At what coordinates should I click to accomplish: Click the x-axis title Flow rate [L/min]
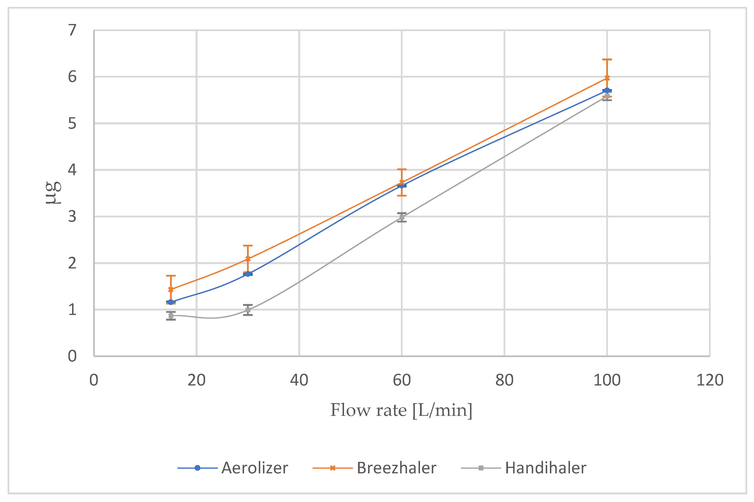[x=401, y=410]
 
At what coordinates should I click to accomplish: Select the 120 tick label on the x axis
[x=710, y=380]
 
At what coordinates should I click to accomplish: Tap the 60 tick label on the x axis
[x=402, y=380]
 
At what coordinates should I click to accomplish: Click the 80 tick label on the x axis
[x=504, y=380]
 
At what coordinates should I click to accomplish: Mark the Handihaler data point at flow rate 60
[x=402, y=217]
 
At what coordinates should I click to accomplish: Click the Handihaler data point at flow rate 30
[x=248, y=310]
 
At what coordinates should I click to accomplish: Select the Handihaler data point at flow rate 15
[x=171, y=316]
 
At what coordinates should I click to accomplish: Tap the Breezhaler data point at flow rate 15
[x=171, y=289]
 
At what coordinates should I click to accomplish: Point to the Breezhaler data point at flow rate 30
[x=248, y=259]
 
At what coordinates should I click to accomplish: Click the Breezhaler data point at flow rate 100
[x=607, y=78]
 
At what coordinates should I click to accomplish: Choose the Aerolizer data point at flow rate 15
[x=171, y=302]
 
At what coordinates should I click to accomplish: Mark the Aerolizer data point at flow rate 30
[x=248, y=274]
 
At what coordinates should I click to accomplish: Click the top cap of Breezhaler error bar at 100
[x=607, y=59]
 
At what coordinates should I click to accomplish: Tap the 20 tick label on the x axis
[x=197, y=380]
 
